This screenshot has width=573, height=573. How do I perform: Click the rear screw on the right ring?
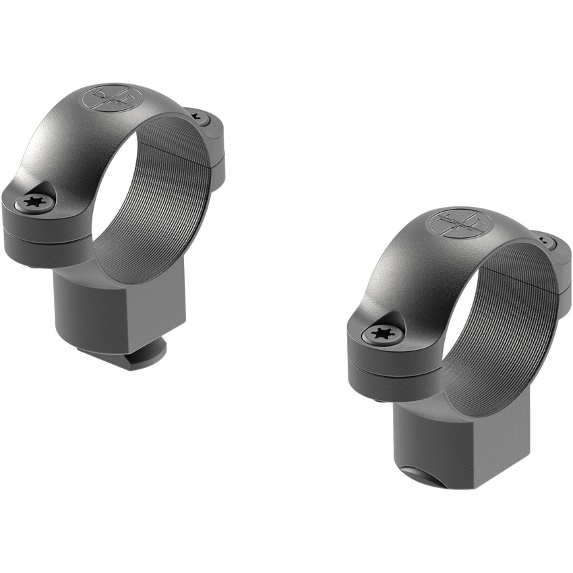pos(546,243)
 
